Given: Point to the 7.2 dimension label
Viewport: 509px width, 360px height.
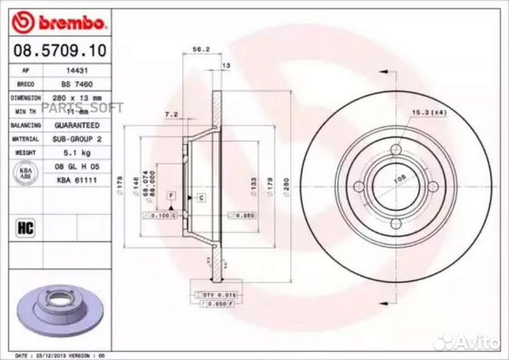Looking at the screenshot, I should coord(170,113).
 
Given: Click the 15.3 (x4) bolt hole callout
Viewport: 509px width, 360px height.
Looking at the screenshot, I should coord(428,112).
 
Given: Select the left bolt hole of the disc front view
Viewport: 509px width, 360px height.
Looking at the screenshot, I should coord(359,186).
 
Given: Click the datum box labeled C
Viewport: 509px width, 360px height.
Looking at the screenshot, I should coord(201,198).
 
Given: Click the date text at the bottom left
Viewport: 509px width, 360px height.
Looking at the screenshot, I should coord(60,355).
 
